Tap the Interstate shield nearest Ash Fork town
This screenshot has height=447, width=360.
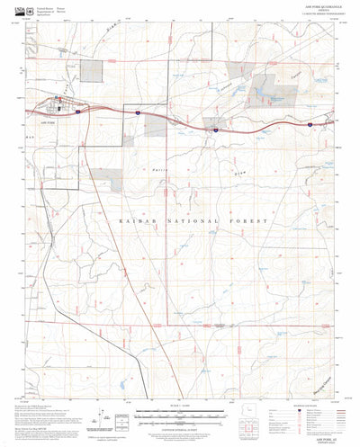tap(80, 112)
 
